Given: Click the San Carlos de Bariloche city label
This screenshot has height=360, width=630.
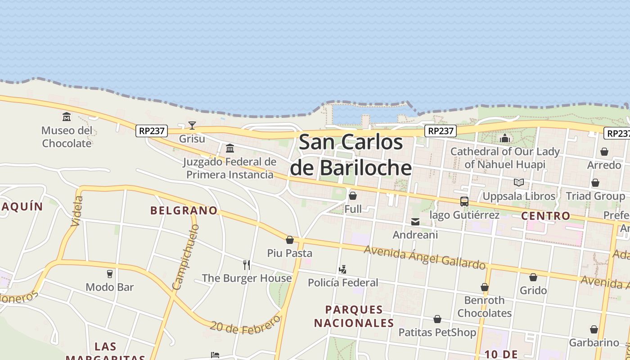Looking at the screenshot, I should click(351, 155).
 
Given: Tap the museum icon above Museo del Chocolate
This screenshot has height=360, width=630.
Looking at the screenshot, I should click(67, 117).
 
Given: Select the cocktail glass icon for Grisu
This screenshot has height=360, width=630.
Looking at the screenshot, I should click(192, 126).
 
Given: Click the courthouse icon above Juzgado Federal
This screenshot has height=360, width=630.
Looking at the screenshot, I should click(230, 148).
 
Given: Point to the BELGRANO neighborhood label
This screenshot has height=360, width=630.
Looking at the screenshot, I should click(184, 210).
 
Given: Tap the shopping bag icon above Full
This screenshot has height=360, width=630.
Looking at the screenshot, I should click(353, 196).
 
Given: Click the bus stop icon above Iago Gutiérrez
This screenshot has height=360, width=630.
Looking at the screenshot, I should click(464, 202).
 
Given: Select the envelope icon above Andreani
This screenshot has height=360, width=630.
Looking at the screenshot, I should click(415, 221).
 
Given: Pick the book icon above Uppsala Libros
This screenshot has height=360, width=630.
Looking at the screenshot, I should click(518, 183).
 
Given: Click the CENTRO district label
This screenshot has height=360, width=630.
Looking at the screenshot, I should click(545, 216).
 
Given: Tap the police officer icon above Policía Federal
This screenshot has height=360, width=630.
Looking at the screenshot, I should click(342, 270).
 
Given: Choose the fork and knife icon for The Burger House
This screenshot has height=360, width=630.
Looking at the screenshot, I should click(247, 265).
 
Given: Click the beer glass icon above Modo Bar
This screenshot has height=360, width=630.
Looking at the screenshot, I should click(109, 274).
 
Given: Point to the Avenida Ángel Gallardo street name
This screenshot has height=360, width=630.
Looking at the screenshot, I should click(425, 257).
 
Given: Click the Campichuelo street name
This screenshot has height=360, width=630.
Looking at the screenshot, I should click(186, 257).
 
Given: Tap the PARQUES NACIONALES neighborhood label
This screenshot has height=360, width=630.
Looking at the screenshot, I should click(354, 316).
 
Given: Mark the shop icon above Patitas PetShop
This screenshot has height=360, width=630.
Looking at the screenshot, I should click(437, 319).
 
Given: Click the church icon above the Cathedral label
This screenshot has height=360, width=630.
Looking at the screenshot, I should click(505, 138).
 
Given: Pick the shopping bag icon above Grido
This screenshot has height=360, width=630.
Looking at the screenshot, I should click(533, 277).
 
